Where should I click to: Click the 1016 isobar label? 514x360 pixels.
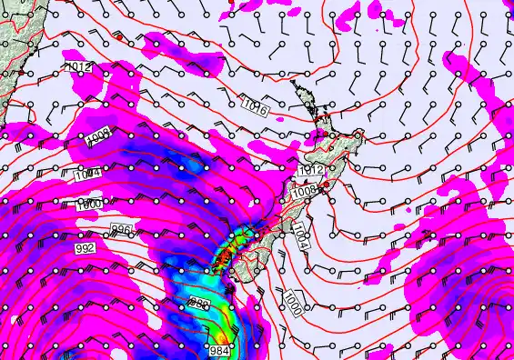point(256,107)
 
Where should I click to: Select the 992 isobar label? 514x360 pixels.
point(85,247)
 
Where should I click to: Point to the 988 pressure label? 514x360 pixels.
point(200,303)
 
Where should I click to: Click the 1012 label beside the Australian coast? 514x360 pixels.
point(78,67)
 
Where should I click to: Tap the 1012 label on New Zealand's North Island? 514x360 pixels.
point(311,171)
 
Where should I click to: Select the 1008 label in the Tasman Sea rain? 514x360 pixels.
point(98,139)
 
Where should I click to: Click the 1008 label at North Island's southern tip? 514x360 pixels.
point(304,191)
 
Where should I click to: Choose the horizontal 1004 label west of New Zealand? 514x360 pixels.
point(87,174)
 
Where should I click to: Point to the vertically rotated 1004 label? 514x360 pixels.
point(300,239)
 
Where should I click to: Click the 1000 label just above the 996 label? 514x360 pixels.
point(89,204)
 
